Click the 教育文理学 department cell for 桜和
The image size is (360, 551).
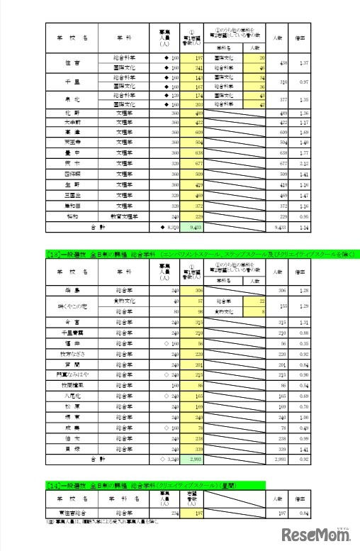pos(125,215)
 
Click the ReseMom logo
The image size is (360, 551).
pos(316,533)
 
